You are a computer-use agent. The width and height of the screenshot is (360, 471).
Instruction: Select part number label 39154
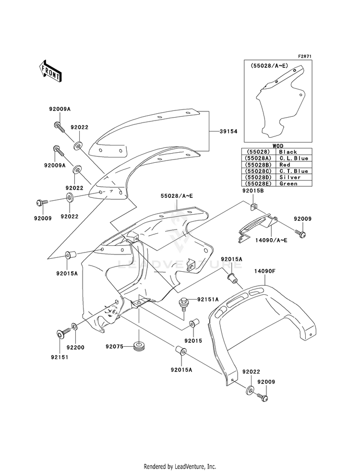[228, 131]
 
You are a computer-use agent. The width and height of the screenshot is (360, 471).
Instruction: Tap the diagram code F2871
[305, 56]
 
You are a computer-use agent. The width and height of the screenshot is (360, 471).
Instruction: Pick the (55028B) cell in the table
[259, 165]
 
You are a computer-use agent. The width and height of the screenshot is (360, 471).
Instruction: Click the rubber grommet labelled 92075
[139, 347]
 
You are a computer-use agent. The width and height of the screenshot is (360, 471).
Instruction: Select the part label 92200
[75, 348]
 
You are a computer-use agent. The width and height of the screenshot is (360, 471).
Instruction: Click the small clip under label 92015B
[254, 206]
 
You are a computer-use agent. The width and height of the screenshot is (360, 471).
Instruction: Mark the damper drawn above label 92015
[193, 325]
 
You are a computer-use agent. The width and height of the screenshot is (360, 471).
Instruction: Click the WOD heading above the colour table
[278, 146]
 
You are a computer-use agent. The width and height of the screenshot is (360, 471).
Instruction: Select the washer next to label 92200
[74, 326]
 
